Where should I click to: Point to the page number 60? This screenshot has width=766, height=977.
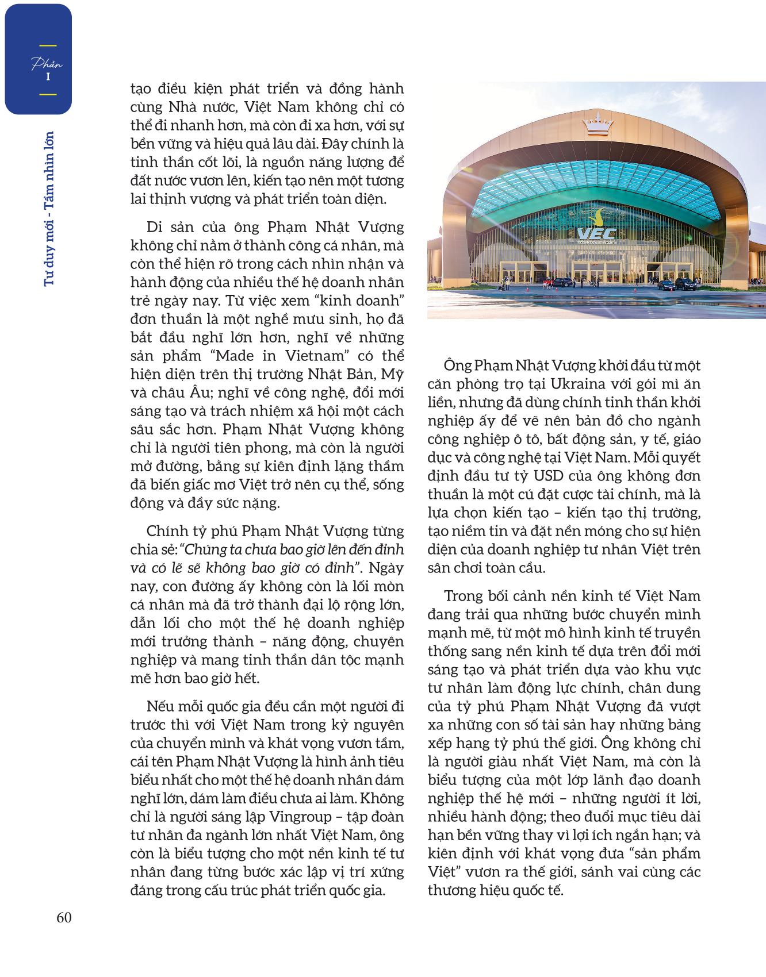(x=64, y=918)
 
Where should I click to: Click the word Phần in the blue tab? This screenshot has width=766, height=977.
(x=47, y=64)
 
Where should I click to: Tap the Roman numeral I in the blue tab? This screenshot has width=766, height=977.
(x=48, y=76)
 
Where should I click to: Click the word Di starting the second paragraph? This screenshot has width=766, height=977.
(x=155, y=227)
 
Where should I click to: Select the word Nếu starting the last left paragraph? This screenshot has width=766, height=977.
(x=160, y=706)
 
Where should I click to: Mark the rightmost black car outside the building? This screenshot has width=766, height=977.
(x=685, y=284)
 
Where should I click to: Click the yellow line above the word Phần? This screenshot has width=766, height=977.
(x=48, y=45)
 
